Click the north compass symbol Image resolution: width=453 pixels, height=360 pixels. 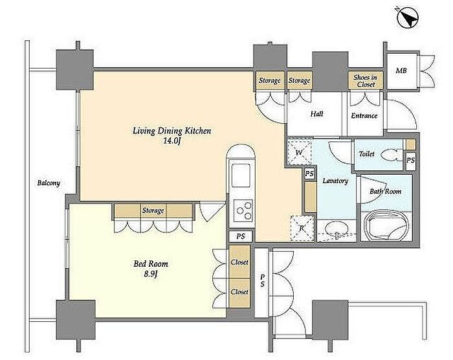point(408,18)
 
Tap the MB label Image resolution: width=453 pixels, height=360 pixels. point(401,71)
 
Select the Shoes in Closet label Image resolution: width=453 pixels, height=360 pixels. point(366,81)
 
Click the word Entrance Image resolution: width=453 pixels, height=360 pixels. point(364,116)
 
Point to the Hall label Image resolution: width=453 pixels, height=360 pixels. point(316,114)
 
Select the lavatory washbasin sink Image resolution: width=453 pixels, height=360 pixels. point(337,230)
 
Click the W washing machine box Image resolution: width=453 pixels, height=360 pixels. point(299,152)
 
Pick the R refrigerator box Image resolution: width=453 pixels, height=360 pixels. point(302,229)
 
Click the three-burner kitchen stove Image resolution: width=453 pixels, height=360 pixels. point(243,210)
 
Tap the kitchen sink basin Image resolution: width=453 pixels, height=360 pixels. point(241,175)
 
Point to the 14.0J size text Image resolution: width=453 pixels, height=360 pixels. point(172,141)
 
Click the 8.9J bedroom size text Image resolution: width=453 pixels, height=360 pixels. point(151,273)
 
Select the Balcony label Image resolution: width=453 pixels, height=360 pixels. point(49,183)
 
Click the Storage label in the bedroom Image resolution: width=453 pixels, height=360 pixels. point(153,210)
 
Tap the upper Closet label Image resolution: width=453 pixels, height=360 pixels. point(239,262)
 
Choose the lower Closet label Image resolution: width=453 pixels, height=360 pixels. point(239,292)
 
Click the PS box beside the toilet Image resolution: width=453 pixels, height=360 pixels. point(410,160)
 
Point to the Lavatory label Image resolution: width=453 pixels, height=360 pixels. point(335,181)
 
